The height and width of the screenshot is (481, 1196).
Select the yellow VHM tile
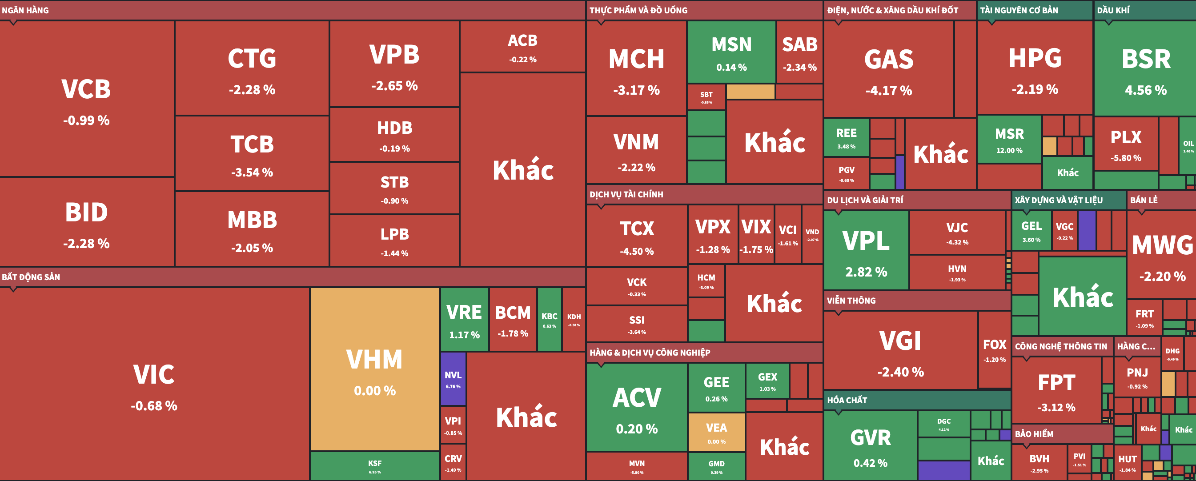(x=375, y=369)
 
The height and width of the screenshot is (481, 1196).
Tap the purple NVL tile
(x=453, y=379)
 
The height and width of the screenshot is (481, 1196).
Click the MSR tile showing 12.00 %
(x=1009, y=140)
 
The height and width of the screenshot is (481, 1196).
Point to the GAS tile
(x=888, y=70)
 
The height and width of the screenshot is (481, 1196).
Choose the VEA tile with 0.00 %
(x=716, y=432)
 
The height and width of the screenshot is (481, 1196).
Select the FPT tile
(x=1056, y=390)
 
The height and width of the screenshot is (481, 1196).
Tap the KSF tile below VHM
(x=375, y=466)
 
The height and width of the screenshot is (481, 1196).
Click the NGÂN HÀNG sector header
(x=25, y=10)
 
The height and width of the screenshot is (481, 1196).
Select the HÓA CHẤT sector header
(x=847, y=400)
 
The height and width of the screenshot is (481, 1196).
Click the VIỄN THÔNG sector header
(x=851, y=301)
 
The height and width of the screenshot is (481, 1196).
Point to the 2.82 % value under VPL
(x=866, y=272)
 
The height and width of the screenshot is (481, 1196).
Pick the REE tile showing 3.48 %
(x=846, y=138)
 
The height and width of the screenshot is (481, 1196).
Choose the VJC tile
(x=957, y=232)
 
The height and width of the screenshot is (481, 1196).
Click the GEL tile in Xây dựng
(x=1031, y=231)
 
